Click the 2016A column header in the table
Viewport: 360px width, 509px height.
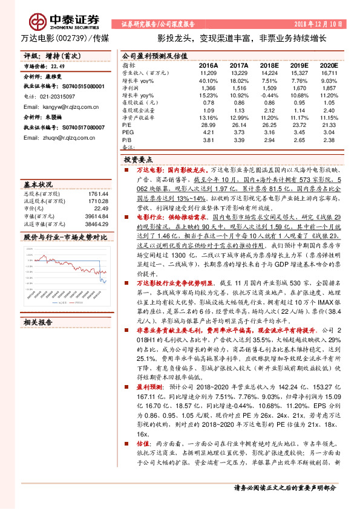pos(208,64)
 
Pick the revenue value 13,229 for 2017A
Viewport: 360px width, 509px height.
pos(239,72)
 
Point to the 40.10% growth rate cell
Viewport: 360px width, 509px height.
pos(208,80)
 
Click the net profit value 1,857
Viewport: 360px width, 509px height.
pos(329,88)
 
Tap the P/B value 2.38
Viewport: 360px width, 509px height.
pos(329,139)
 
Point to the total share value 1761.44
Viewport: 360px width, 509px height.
pos(97,193)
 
